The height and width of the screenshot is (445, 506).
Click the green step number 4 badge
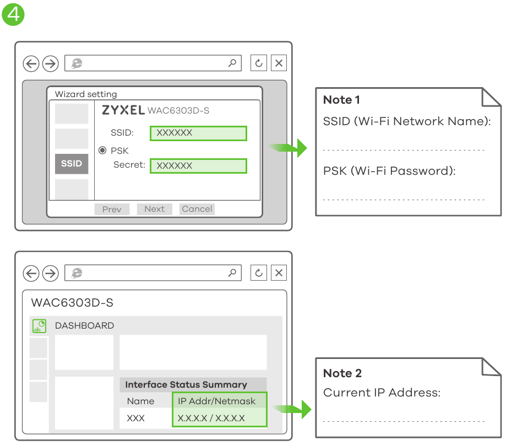(x=13, y=14)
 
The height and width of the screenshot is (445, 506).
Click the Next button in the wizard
(x=155, y=209)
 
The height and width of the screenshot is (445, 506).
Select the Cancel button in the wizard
(x=197, y=209)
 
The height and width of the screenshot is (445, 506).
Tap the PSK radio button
(x=102, y=151)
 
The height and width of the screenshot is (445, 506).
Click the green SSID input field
(x=198, y=133)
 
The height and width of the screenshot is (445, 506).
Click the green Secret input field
(x=198, y=166)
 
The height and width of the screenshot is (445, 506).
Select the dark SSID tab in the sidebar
(x=72, y=164)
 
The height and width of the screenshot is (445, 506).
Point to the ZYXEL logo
(x=123, y=110)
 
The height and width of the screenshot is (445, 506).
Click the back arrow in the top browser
(x=31, y=63)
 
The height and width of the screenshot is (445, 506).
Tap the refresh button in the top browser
(x=259, y=63)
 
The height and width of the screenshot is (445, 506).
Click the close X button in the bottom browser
(x=279, y=273)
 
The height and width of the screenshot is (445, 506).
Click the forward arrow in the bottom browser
(x=51, y=274)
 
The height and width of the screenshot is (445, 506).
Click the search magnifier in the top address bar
(x=232, y=63)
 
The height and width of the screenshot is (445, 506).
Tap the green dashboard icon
(x=40, y=326)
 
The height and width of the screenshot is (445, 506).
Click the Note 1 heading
(x=341, y=100)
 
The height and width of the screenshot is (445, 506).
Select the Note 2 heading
(x=342, y=373)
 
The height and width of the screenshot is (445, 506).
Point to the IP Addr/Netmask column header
(x=216, y=401)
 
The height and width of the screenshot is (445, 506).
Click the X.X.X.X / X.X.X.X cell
(x=211, y=418)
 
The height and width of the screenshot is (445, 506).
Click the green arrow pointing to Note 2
(x=292, y=409)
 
